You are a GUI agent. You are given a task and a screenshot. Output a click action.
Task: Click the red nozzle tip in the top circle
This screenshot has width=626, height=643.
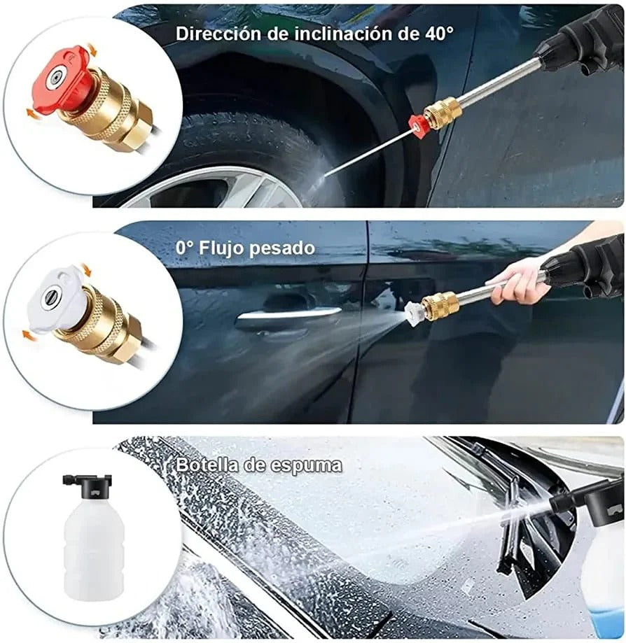(x=61, y=78)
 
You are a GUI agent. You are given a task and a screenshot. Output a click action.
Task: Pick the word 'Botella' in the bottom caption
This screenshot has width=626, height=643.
(x=207, y=464)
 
